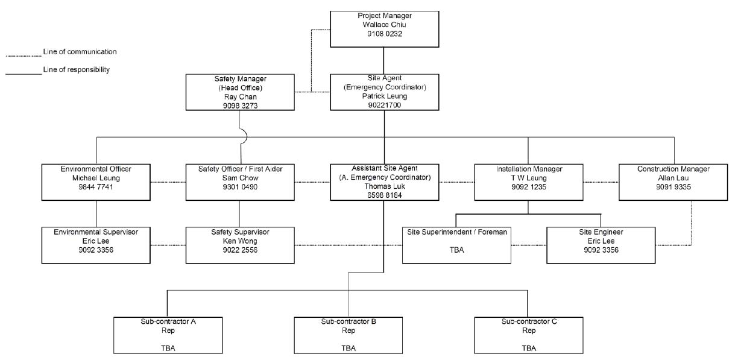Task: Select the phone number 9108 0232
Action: click(384, 34)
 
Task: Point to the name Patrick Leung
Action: click(384, 96)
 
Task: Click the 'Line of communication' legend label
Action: click(80, 51)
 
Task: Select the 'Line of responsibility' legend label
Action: click(77, 69)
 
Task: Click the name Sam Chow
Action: click(240, 178)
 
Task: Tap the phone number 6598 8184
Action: click(384, 195)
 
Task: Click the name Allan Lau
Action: click(673, 178)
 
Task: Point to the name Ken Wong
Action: click(240, 241)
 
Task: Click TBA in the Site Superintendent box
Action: click(457, 250)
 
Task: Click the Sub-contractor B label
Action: click(349, 321)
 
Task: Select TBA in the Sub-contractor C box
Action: click(529, 348)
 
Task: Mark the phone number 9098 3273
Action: click(240, 106)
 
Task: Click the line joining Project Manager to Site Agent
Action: click(384, 61)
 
